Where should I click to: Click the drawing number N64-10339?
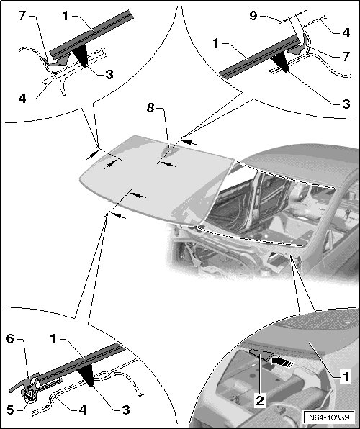click(329, 417)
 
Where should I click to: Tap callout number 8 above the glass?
click(150, 108)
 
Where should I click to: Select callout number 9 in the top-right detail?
click(253, 16)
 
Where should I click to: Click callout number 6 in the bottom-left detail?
click(10, 339)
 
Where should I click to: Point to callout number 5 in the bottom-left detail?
click(10, 410)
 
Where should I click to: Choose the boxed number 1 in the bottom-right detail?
click(346, 376)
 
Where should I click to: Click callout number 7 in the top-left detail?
click(22, 16)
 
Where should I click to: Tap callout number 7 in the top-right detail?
click(346, 57)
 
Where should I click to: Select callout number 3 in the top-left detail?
click(109, 74)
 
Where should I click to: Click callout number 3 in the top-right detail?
click(346, 104)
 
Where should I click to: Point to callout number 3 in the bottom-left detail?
click(126, 410)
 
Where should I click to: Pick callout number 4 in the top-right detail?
click(346, 33)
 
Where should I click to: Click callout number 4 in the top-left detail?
click(22, 99)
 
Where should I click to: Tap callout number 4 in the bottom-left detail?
click(82, 410)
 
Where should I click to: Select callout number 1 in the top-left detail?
click(65, 16)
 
